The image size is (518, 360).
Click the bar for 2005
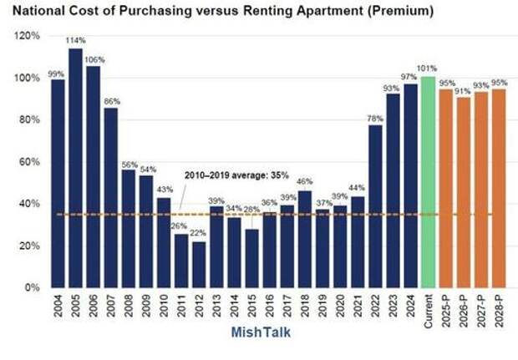(75, 167)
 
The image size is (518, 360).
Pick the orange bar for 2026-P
(463, 192)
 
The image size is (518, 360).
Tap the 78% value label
(375, 118)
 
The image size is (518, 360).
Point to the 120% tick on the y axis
(28, 37)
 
